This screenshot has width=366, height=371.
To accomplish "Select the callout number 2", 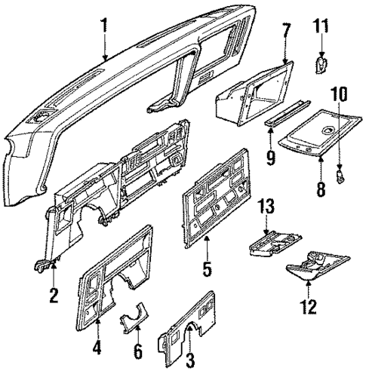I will tap(54, 294).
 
